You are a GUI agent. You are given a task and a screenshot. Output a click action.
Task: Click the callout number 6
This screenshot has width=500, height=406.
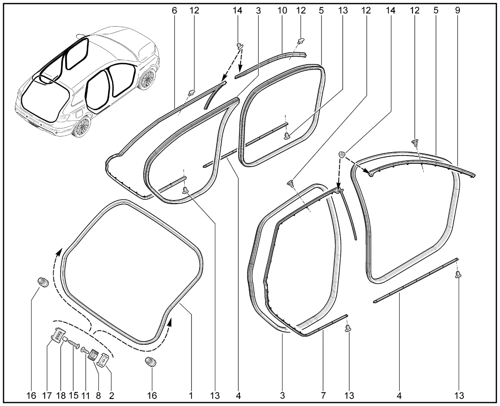click(x=174, y=11)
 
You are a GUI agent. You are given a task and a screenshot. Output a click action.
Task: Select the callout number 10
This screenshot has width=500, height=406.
click(x=282, y=11)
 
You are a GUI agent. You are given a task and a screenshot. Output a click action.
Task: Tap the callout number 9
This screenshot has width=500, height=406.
click(x=457, y=11)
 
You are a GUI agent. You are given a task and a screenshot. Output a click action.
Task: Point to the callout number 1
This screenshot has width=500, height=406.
click(x=191, y=396)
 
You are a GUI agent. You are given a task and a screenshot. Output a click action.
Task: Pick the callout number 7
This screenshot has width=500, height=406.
click(x=323, y=396)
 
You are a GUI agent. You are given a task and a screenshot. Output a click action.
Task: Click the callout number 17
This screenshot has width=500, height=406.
click(x=47, y=396)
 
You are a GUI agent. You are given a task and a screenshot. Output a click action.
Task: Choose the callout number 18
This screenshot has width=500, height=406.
click(x=61, y=396)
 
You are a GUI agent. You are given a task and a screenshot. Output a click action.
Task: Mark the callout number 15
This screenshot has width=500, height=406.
click(x=73, y=396)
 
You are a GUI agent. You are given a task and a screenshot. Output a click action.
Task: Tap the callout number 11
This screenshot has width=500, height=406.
click(x=86, y=396)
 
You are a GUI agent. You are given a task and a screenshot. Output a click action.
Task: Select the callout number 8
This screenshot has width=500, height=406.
click(x=98, y=396)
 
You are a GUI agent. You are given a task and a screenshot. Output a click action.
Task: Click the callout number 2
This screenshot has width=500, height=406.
click(x=111, y=396)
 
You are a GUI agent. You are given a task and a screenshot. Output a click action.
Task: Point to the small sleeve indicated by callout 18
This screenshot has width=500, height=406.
click(x=66, y=339)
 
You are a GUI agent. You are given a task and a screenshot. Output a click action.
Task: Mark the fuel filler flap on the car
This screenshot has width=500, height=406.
click(x=78, y=114)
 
